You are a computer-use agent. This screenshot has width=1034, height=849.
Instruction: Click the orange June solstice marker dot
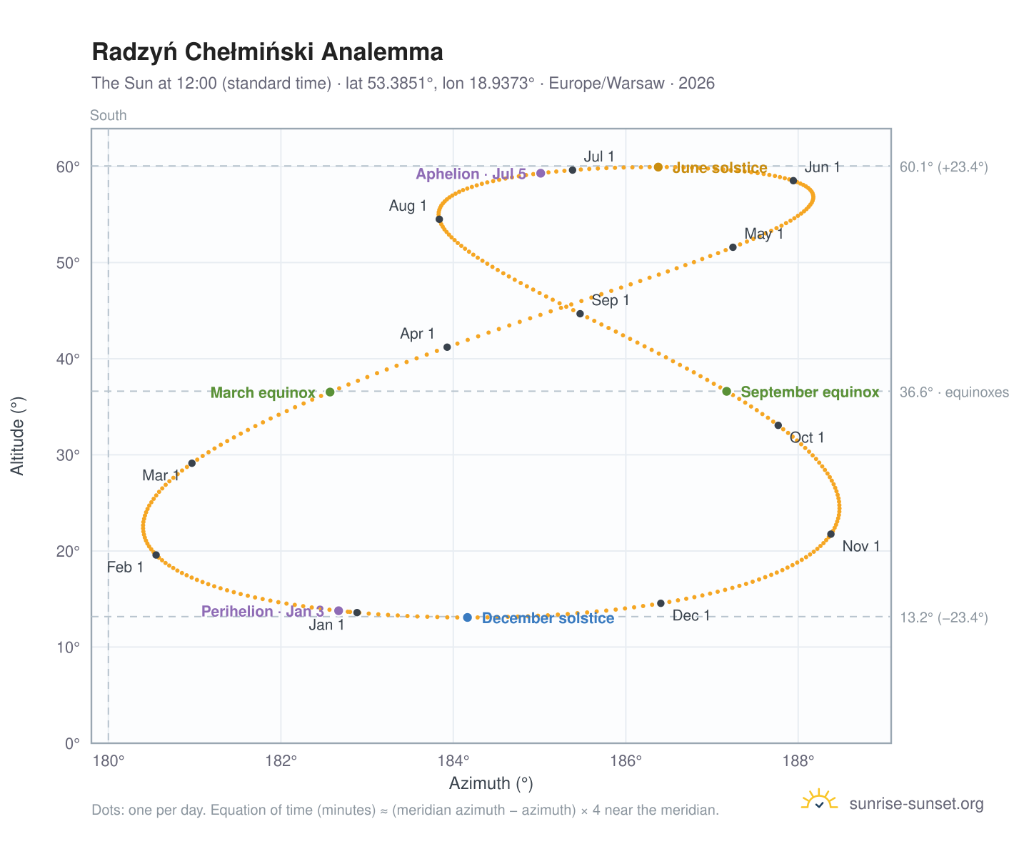pyautogui.click(x=658, y=167)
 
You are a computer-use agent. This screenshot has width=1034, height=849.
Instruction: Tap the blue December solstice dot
pyautogui.click(x=467, y=617)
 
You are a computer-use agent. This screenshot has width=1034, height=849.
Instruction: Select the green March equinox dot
pyautogui.click(x=330, y=392)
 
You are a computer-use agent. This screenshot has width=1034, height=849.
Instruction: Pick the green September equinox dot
pyautogui.click(x=727, y=391)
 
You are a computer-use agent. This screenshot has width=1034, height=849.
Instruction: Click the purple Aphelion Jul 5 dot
pyautogui.click(x=541, y=173)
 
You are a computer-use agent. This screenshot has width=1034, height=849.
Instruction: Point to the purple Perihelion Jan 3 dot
pyautogui.click(x=338, y=610)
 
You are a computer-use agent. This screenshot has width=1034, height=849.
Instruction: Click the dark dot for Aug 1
pyautogui.click(x=439, y=219)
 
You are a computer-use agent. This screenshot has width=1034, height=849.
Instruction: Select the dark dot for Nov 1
pyautogui.click(x=830, y=534)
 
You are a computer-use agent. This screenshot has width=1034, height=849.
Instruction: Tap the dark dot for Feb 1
pyautogui.click(x=156, y=555)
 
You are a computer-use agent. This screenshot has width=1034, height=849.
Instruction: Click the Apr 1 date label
pyautogui.click(x=417, y=334)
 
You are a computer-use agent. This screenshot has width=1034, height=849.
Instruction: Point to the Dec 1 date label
pyautogui.click(x=691, y=615)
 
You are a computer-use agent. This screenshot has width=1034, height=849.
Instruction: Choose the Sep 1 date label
pyautogui.click(x=610, y=300)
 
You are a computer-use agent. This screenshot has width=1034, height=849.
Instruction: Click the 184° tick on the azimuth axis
pyautogui.click(x=453, y=760)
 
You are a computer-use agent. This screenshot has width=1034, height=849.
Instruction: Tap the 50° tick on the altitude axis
pyautogui.click(x=68, y=263)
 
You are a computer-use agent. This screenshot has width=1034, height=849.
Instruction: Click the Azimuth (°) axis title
pyautogui.click(x=491, y=783)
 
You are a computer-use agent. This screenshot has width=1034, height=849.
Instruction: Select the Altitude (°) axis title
pyautogui.click(x=17, y=436)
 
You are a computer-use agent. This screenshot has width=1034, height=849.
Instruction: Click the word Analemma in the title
pyautogui.click(x=383, y=52)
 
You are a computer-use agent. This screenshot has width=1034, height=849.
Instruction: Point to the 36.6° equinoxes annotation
pyautogui.click(x=953, y=392)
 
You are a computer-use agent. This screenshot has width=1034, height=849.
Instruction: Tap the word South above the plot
pyautogui.click(x=109, y=115)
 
